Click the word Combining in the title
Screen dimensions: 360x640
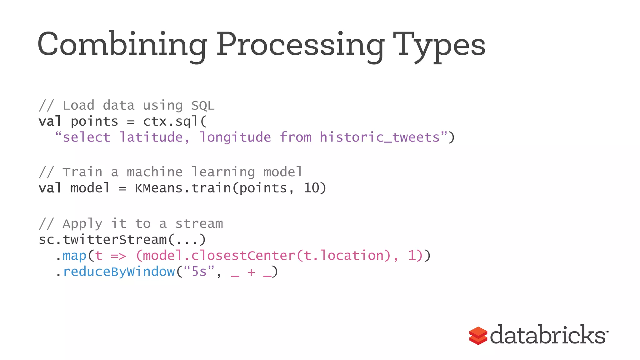click(122, 45)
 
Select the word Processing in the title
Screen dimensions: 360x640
click(300, 45)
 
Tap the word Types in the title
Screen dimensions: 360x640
click(439, 45)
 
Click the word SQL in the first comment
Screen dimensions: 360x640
click(203, 106)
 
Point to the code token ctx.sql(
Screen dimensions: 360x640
click(175, 122)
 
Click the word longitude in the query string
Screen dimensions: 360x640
click(235, 137)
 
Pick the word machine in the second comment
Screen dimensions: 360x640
click(155, 172)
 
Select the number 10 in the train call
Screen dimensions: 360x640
click(311, 188)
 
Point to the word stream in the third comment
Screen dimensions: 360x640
click(199, 224)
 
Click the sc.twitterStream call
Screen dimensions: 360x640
click(122, 240)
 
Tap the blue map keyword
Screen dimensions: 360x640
click(74, 256)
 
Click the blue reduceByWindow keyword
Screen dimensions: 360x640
click(119, 272)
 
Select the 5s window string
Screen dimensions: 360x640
click(199, 272)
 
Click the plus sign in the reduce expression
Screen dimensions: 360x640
click(251, 272)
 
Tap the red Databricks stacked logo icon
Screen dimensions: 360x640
click(478, 336)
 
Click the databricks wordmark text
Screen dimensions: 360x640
click(547, 335)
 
